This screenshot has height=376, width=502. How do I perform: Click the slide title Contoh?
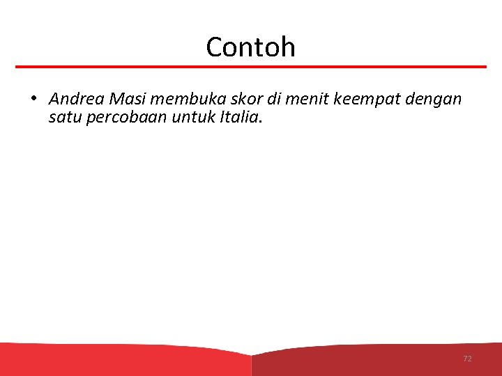(x=250, y=47)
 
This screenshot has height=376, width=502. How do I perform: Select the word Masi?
(x=125, y=99)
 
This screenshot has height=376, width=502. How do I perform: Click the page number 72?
(x=467, y=359)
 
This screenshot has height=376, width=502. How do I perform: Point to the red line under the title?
(x=251, y=67)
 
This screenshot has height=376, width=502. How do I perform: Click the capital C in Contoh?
(x=215, y=47)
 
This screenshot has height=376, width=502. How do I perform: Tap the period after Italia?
(x=261, y=122)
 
